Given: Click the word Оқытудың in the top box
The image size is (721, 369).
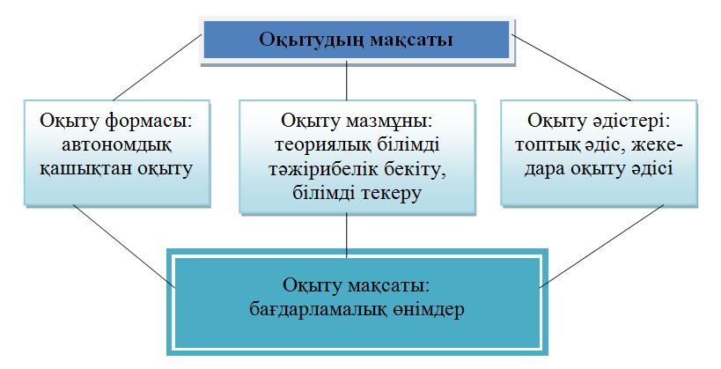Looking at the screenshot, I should click(308, 40).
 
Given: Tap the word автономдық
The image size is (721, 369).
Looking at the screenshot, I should click(116, 143).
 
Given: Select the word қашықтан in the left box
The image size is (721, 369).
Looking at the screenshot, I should click(84, 166).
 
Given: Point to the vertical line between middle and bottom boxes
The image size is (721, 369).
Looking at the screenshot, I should click(347, 234).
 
